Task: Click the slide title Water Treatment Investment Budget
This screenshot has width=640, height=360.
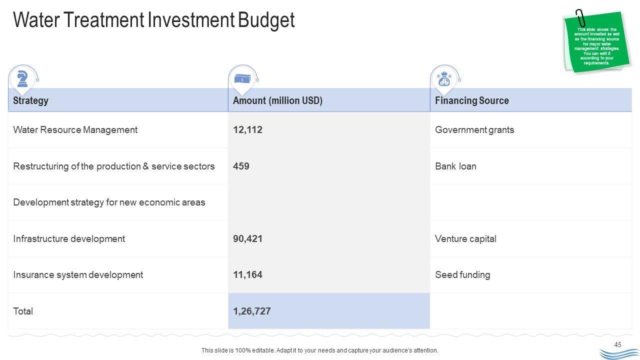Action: coord(154,20)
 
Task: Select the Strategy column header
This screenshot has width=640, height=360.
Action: coord(30,100)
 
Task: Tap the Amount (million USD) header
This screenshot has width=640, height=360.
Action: coord(277,100)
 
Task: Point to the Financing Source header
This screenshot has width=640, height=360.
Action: coord(471,100)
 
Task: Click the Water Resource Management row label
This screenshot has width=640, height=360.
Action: coord(75,130)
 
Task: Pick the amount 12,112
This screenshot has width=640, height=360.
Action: coord(247,130)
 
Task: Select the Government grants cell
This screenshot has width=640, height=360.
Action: coord(474,130)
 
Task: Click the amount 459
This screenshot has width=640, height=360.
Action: coord(241,166)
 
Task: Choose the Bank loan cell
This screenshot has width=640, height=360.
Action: coord(455,166)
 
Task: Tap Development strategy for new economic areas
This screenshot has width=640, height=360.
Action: coord(109,202)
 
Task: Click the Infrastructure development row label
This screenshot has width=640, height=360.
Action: coord(69,238)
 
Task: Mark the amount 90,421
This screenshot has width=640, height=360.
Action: coord(247,238)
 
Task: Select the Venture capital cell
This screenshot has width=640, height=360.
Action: coord(465,238)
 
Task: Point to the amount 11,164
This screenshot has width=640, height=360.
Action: coord(247,274)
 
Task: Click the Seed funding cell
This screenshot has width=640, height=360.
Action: coord(462,274)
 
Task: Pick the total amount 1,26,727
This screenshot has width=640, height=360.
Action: coord(252,311)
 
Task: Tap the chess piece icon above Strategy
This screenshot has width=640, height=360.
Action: coord(22,78)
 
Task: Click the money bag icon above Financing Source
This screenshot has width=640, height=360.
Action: coord(444,79)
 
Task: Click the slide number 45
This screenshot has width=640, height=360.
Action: coord(618,344)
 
